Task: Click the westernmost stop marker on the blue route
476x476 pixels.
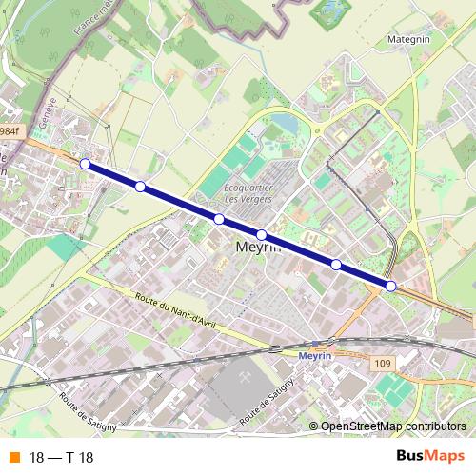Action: point(85,165)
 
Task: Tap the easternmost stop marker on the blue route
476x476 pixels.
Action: point(391,286)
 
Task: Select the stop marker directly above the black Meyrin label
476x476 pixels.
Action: point(261,234)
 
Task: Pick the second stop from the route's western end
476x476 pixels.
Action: point(140,187)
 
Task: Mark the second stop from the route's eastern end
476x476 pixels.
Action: point(336,264)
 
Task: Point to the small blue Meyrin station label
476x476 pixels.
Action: point(313,355)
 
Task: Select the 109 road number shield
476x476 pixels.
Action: point(383,363)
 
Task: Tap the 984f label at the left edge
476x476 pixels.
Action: point(9,131)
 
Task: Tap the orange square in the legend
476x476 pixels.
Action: point(13,458)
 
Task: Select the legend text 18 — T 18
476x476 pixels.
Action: point(62,458)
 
